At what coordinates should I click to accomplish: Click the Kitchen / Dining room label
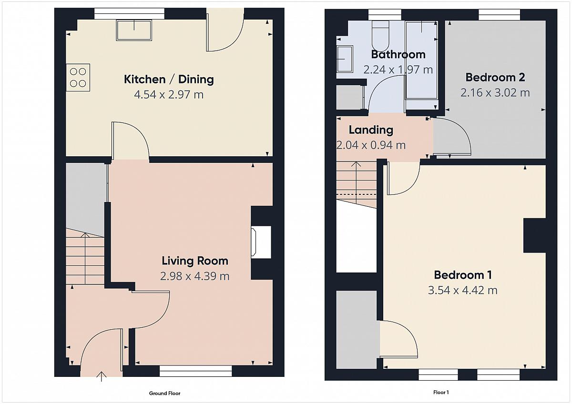click(169, 80)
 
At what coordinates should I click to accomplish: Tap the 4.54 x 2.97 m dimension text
click(169, 95)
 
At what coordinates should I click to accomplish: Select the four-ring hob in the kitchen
click(78, 78)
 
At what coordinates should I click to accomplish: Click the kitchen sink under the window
click(134, 30)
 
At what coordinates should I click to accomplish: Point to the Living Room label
click(195, 261)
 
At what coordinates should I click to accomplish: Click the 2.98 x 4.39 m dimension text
click(195, 276)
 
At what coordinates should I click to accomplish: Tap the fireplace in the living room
click(261, 242)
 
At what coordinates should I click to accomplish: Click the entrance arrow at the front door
click(102, 376)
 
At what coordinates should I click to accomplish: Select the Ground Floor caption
click(165, 394)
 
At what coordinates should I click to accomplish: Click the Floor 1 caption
click(441, 392)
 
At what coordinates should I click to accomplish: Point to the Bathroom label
click(398, 55)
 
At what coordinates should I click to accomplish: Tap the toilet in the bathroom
click(380, 36)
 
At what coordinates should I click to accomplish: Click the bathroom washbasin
click(345, 59)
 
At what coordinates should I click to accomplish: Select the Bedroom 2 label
click(495, 77)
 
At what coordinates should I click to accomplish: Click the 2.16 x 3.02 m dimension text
click(495, 92)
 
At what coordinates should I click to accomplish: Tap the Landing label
click(371, 130)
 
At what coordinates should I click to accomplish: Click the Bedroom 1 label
click(463, 275)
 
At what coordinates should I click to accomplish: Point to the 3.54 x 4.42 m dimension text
click(463, 291)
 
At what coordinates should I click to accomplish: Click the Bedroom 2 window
click(499, 15)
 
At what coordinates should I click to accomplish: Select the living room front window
click(196, 371)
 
